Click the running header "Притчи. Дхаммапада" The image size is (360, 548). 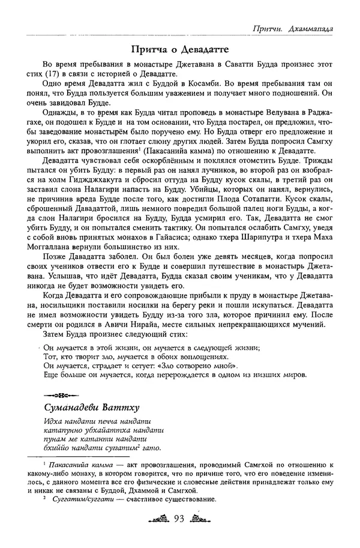pos(295,28)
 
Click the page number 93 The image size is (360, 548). pos(181,519)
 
